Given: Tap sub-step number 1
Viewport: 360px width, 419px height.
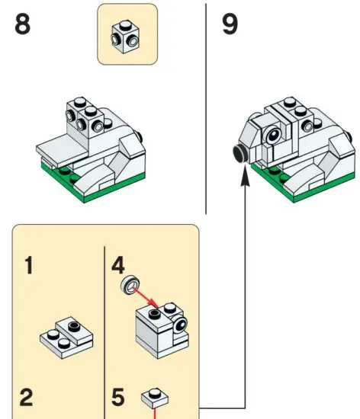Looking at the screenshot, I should (x=28, y=267).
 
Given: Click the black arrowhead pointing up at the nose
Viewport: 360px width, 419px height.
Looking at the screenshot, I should (x=244, y=176).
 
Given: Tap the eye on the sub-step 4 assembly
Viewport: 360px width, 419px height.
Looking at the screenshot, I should (x=181, y=326).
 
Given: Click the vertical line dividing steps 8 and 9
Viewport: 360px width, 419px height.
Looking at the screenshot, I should (x=206, y=107).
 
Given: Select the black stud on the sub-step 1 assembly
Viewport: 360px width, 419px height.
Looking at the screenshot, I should (x=73, y=328).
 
